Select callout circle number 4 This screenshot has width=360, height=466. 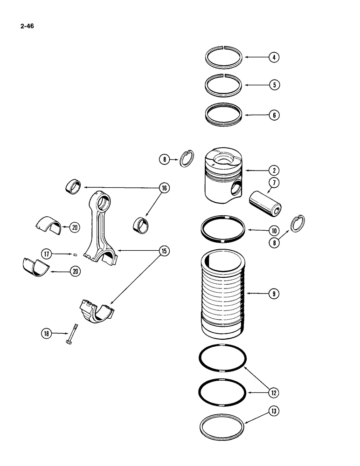(x=275, y=58)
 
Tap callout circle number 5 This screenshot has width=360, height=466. (x=275, y=85)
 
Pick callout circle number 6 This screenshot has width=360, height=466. (x=275, y=115)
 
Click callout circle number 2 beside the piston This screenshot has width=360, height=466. (x=275, y=171)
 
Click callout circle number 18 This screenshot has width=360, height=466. (x=45, y=333)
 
